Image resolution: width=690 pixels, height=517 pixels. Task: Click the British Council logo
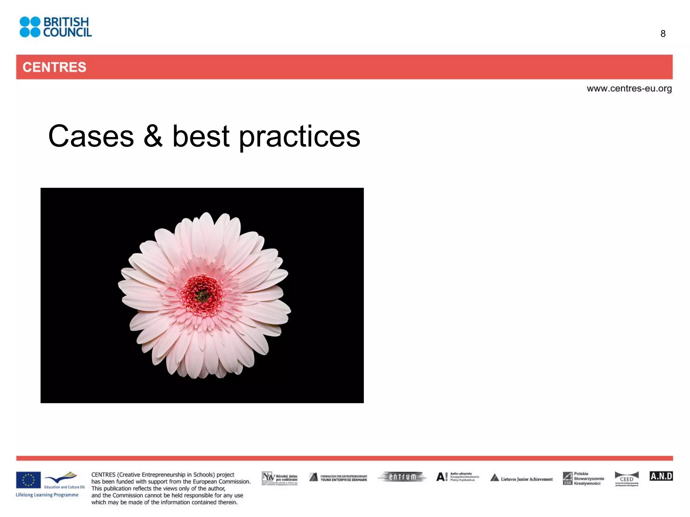coord(56,27)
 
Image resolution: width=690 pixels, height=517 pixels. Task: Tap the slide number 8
coord(663,34)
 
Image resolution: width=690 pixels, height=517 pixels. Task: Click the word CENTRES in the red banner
coord(54,67)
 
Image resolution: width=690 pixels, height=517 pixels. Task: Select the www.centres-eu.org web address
coord(629,89)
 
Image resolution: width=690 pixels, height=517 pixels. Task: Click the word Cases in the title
coord(91,136)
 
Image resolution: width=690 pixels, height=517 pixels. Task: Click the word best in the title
coord(201,136)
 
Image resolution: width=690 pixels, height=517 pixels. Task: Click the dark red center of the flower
coord(202,295)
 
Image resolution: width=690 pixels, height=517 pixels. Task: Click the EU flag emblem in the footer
coord(28,480)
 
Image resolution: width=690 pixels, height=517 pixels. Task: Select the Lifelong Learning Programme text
coord(47,495)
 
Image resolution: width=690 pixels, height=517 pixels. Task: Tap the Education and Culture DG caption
coord(64,487)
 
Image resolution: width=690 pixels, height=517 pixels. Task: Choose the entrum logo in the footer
coord(402,477)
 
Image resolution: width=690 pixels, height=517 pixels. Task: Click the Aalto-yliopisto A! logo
coord(457,477)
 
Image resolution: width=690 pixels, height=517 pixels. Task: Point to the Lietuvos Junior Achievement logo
coord(522,478)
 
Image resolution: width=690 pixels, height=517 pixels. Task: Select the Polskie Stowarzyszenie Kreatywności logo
coord(584,478)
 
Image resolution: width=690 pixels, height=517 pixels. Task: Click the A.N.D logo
coord(661,476)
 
